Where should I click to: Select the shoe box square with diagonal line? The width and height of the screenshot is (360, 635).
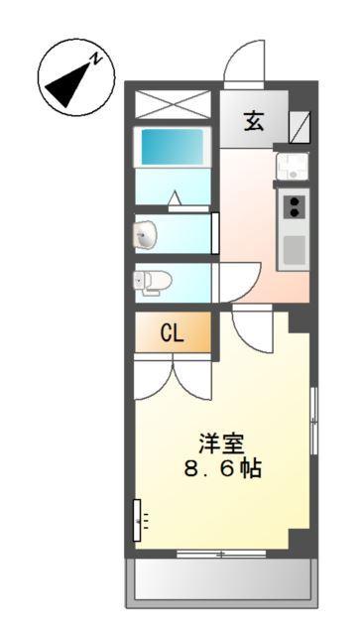point(299,125)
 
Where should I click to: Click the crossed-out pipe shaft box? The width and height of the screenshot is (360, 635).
point(174,105)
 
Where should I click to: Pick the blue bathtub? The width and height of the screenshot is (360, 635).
point(174,147)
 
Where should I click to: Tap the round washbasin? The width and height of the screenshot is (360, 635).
point(146,235)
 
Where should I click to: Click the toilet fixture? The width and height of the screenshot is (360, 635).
point(150,281)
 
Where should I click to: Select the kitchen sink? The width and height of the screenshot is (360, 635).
point(293,164)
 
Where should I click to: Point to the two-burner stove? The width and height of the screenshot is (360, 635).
point(295,205)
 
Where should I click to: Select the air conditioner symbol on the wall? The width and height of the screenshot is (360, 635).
point(138,517)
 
